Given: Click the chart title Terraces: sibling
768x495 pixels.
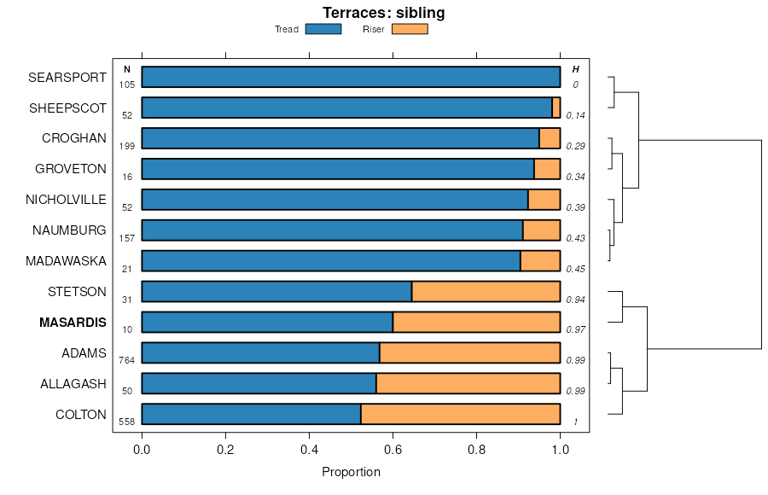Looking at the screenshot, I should tap(383, 13).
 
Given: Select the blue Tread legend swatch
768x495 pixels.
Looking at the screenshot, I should tap(323, 29).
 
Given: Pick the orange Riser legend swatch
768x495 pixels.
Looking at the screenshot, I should tap(410, 29).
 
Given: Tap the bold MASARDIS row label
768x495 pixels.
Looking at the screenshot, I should tap(73, 323).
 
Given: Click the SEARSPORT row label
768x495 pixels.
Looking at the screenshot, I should tap(67, 77).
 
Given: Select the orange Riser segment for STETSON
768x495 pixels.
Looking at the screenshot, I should tap(486, 292).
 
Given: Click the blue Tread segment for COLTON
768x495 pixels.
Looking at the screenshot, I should tap(251, 415).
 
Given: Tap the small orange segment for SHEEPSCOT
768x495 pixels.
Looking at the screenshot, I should tap(556, 108).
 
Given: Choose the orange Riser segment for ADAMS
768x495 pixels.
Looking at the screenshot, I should tap(469, 353).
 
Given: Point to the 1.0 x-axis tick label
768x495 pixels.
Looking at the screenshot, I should tap(560, 447).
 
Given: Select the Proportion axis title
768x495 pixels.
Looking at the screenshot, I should tap(351, 471).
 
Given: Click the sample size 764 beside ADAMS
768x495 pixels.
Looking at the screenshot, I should tap(127, 361).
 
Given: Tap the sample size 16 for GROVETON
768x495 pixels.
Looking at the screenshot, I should tap(127, 177).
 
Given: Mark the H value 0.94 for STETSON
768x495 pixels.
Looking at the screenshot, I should tap(575, 300).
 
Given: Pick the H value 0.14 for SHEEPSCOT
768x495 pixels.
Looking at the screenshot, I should tap(575, 115).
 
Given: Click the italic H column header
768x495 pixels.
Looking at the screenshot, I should tap(575, 69).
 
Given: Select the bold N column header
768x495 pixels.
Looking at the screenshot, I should tap(127, 69).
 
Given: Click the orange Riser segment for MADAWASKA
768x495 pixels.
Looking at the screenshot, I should tap(540, 261).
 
